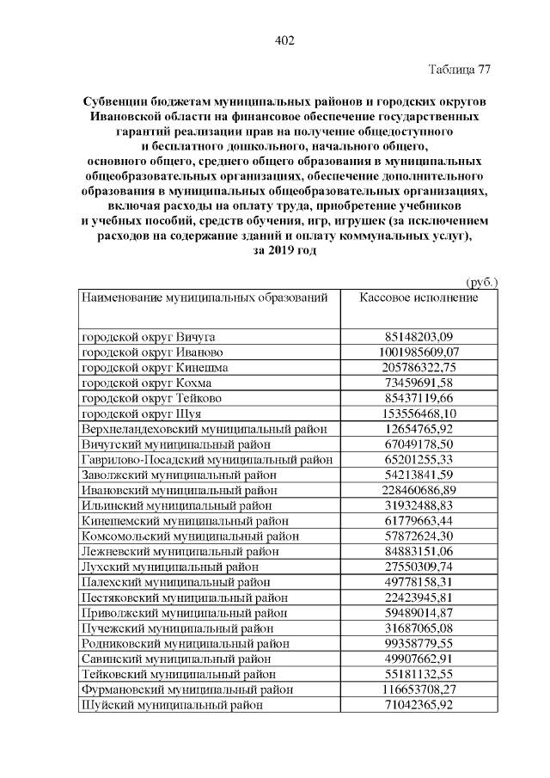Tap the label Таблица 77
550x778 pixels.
(459, 70)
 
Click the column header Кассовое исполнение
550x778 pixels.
(419, 297)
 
